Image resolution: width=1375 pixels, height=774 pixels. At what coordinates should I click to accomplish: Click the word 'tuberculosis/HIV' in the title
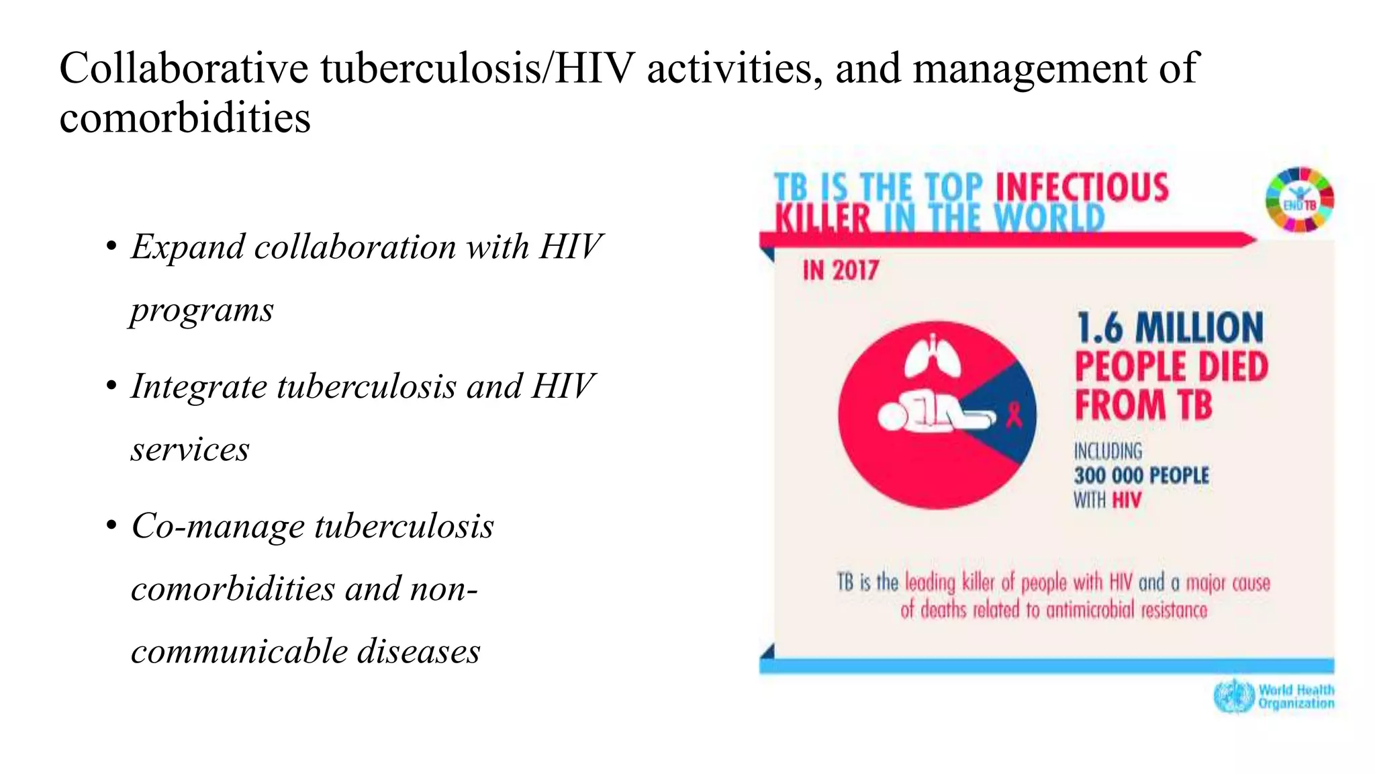click(477, 69)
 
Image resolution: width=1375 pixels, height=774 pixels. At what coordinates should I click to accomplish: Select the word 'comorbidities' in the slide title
click(185, 118)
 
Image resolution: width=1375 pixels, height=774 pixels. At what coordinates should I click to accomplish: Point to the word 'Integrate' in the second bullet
click(199, 386)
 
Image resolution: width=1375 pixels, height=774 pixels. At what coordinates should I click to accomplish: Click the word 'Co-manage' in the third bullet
click(218, 526)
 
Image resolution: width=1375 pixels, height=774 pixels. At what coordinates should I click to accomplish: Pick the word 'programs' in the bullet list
click(202, 310)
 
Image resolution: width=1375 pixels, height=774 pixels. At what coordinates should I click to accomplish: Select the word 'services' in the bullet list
click(190, 449)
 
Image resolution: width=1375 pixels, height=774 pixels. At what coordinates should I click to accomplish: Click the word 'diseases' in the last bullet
click(418, 651)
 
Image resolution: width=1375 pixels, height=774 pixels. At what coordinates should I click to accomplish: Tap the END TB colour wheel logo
click(1300, 200)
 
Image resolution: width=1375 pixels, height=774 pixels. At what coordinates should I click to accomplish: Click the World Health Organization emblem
click(1234, 696)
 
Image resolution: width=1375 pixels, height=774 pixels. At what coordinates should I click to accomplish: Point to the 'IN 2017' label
click(841, 270)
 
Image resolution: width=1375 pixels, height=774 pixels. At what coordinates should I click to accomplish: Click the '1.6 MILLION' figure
click(1170, 328)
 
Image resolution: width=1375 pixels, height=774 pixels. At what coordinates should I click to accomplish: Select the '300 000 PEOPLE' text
click(1141, 476)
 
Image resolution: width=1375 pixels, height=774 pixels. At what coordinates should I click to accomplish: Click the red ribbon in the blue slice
click(1014, 414)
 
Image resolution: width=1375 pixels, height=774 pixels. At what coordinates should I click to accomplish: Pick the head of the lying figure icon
click(892, 417)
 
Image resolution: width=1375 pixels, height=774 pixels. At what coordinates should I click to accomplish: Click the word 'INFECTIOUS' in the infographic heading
click(1082, 187)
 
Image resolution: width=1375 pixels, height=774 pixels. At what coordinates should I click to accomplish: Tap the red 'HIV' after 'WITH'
click(1127, 501)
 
